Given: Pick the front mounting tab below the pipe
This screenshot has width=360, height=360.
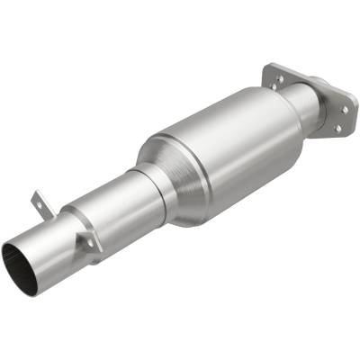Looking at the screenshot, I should pyautogui.click(x=87, y=241).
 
